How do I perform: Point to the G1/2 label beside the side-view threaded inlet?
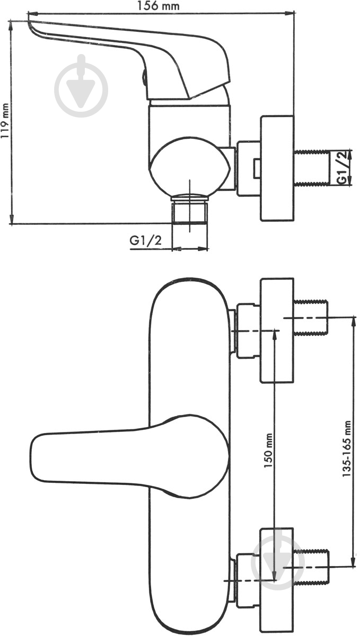coord(344,167)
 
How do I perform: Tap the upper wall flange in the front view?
coord(276,330)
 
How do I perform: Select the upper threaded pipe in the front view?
coord(312,317)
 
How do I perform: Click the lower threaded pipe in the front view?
coord(312,568)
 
